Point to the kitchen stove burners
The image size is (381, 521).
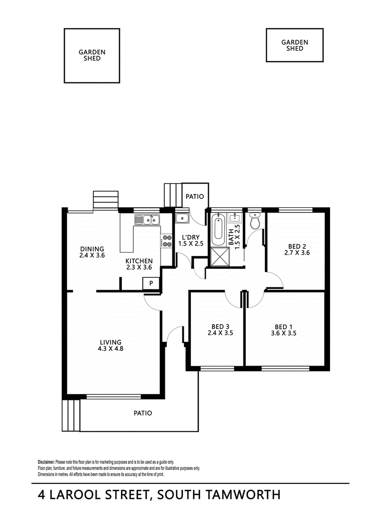coord(167,241)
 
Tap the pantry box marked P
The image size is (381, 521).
coord(151,283)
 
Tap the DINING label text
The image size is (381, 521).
coord(92,249)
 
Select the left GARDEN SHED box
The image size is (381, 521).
coord(91,55)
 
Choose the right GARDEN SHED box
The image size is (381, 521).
coord(294,45)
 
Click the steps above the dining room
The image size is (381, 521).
coord(105,200)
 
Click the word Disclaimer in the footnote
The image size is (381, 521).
coord(46,462)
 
